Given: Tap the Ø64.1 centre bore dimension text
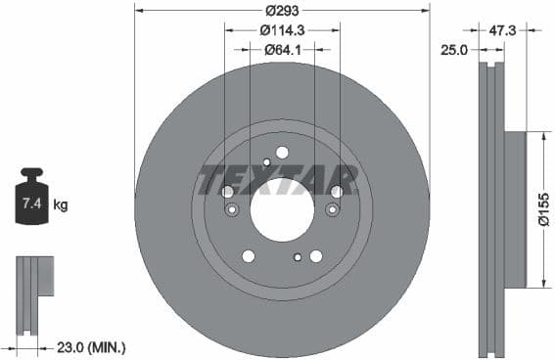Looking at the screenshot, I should click(282, 50).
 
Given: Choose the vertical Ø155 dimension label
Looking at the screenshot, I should click(543, 208).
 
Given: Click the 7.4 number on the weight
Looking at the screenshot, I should click(31, 204).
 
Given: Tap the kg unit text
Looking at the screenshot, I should click(60, 204).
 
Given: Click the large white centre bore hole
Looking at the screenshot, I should click(282, 208).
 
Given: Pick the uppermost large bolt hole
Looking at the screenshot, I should click(282, 152).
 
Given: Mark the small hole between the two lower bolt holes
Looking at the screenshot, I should click(298, 257).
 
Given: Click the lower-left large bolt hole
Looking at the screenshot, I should click(249, 256).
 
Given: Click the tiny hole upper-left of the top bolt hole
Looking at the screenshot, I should click(266, 162).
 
